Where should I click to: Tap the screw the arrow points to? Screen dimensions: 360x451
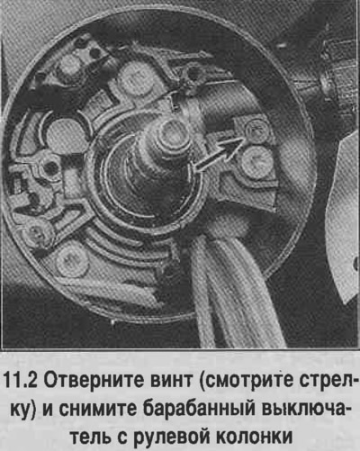256,131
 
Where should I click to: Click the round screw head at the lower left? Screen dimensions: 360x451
73,262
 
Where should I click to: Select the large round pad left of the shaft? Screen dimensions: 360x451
65,134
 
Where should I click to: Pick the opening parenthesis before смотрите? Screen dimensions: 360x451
201,383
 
